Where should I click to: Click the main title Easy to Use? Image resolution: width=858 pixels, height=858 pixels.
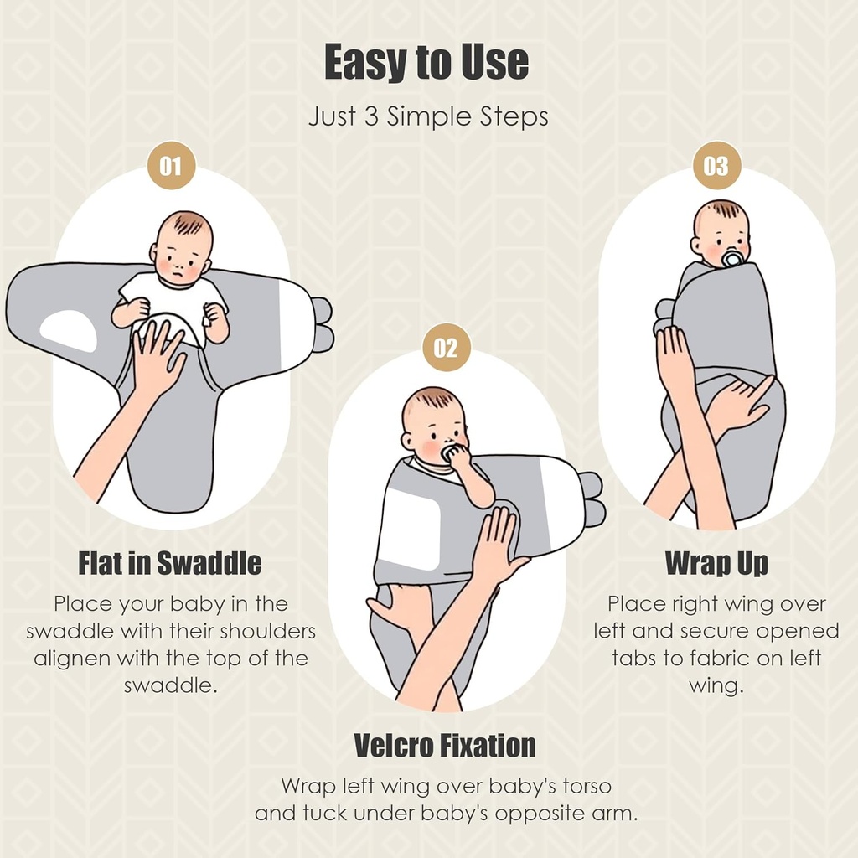[426, 64]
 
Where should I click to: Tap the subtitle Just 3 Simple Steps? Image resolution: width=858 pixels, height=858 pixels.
[428, 116]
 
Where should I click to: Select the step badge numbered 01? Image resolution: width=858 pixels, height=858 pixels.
[171, 165]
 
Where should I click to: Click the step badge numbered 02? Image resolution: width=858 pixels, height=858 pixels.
[446, 348]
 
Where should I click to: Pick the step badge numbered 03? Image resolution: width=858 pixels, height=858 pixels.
[716, 165]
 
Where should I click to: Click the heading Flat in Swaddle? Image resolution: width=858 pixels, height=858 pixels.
[170, 564]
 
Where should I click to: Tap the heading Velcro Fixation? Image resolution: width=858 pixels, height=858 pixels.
[444, 745]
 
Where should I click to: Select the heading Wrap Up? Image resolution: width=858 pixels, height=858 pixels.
[716, 564]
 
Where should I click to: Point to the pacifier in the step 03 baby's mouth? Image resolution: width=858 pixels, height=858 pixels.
[732, 257]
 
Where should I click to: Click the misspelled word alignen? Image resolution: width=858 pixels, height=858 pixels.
[71, 659]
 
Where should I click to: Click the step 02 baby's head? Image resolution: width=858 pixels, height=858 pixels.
[433, 424]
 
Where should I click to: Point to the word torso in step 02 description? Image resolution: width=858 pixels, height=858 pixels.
[582, 786]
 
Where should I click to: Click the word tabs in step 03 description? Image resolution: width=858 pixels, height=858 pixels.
[635, 658]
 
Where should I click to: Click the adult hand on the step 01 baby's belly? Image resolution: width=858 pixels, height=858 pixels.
[156, 355]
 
